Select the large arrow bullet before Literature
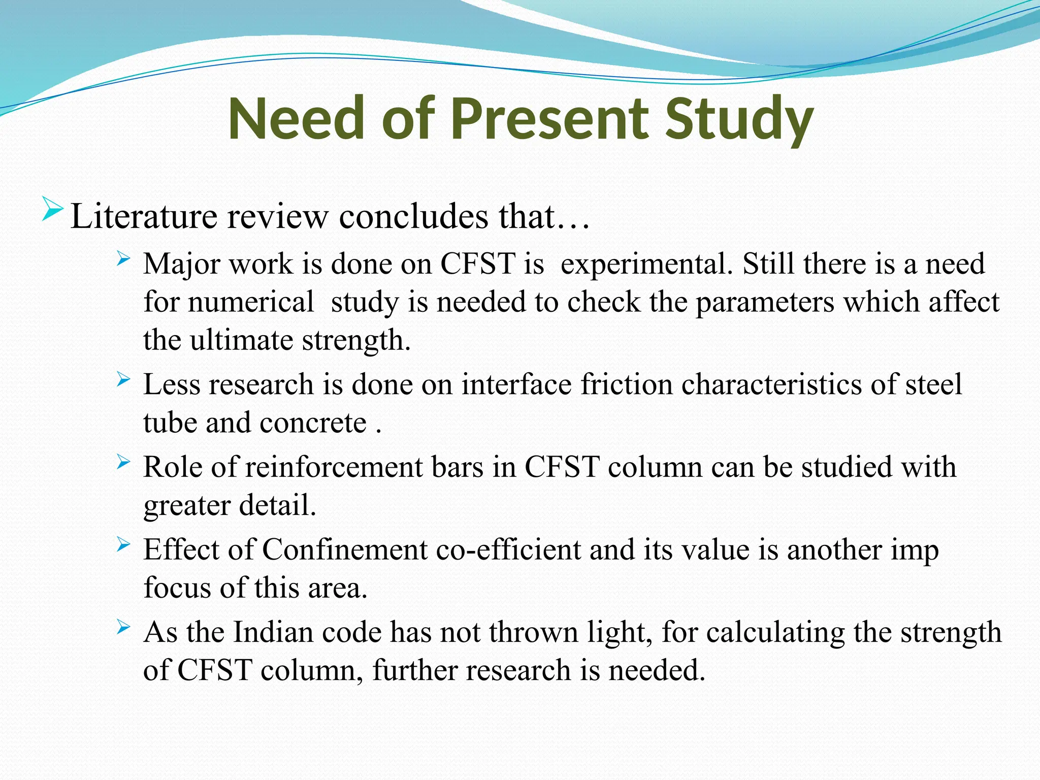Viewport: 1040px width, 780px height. (52, 209)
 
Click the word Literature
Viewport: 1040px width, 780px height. (144, 217)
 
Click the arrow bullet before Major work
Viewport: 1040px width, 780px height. (123, 259)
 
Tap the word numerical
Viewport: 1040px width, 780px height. (251, 303)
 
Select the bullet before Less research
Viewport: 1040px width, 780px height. (123, 379)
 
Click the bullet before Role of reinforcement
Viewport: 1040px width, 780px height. (123, 462)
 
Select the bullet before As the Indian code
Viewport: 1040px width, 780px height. (123, 627)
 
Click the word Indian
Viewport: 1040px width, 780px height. (273, 633)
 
